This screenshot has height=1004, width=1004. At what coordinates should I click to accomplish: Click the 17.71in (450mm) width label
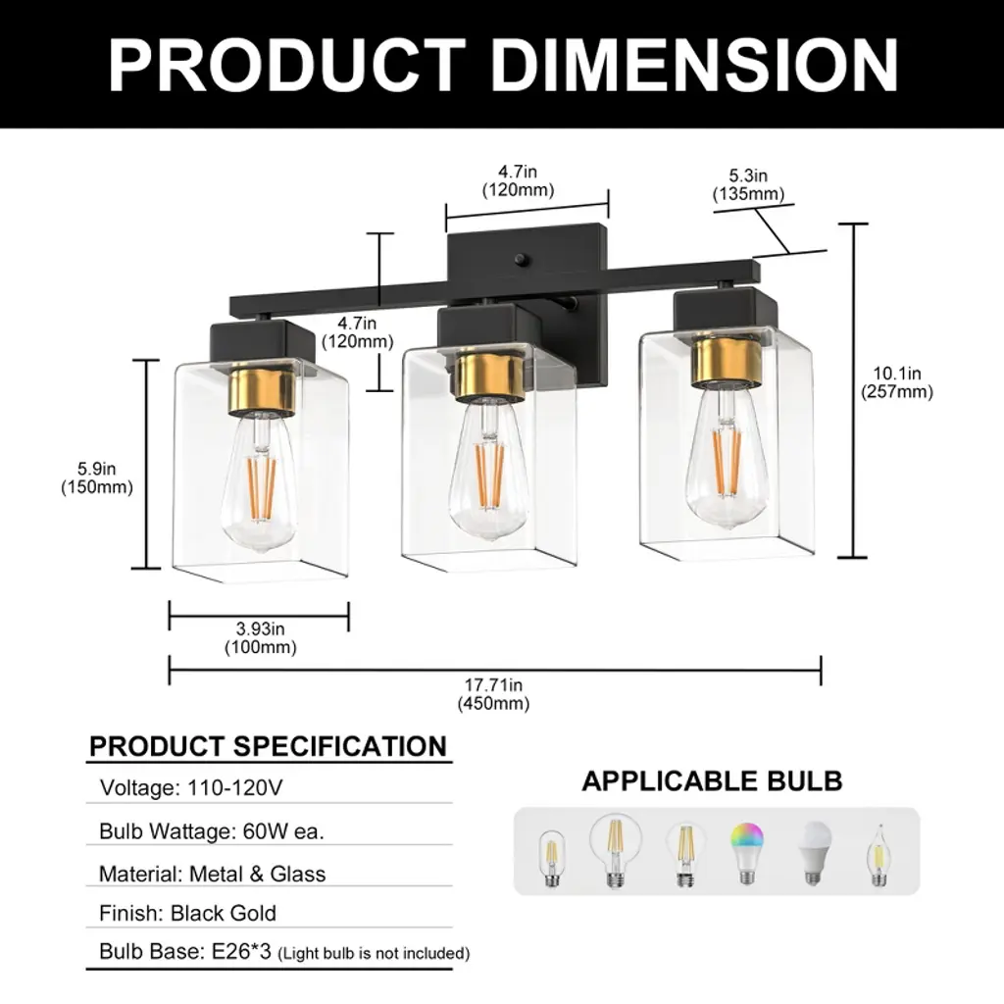[x=493, y=694]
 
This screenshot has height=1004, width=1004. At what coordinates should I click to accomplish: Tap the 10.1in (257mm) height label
[x=896, y=382]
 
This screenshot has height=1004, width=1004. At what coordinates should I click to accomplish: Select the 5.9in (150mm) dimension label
[x=97, y=477]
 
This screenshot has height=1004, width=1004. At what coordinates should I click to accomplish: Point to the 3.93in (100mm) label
[x=260, y=637]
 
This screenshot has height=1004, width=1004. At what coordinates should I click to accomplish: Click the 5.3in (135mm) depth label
[x=748, y=184]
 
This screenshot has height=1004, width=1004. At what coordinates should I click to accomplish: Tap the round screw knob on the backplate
[x=520, y=259]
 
